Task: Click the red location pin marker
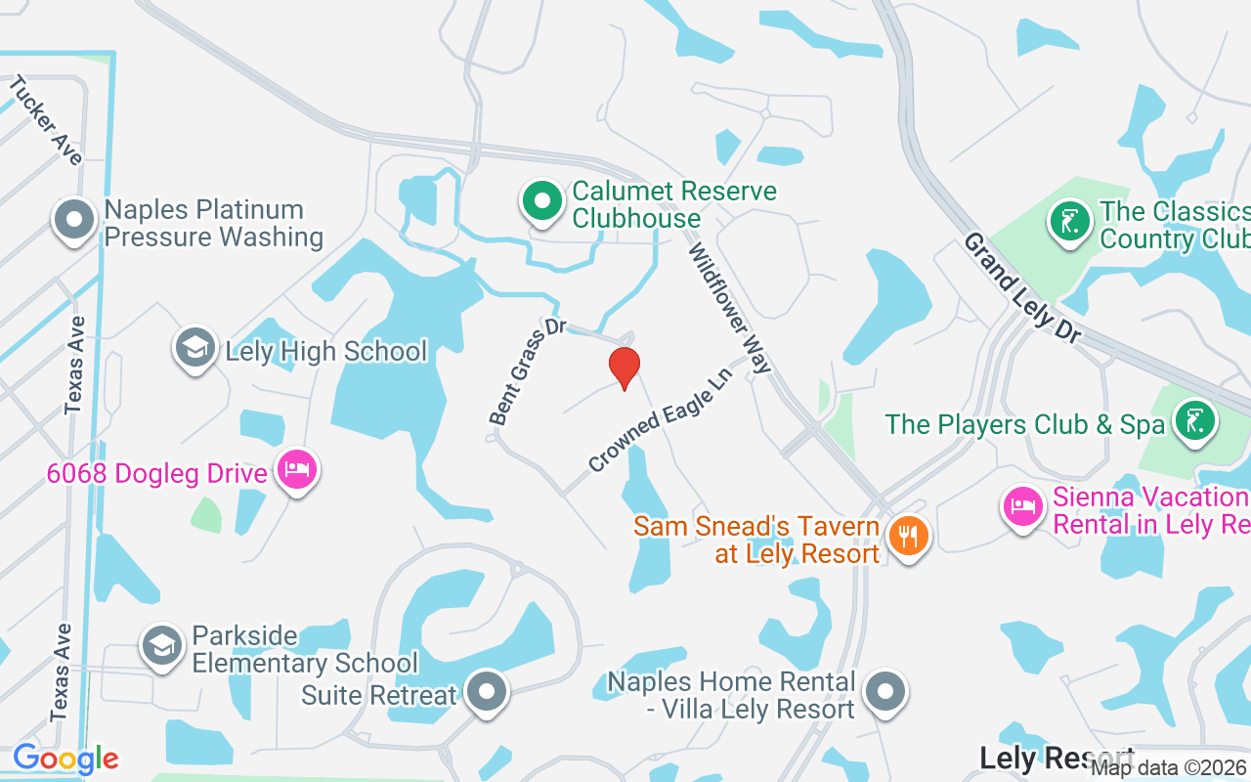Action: point(624,368)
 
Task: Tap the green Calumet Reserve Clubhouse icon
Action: point(540,202)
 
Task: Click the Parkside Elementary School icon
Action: point(161,646)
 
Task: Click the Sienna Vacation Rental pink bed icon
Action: point(1023,507)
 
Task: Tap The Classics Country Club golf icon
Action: point(1070,221)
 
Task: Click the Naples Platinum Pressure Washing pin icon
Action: point(75,220)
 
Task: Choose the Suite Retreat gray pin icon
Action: point(486,692)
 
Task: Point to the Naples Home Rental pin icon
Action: point(885,691)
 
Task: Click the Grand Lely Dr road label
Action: point(1022,286)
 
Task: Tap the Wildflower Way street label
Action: point(731,308)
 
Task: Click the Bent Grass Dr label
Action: point(528,370)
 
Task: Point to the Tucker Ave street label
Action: point(45,120)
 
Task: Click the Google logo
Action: point(65,759)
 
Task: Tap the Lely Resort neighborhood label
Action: point(1057,758)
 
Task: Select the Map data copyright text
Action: point(1169,768)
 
